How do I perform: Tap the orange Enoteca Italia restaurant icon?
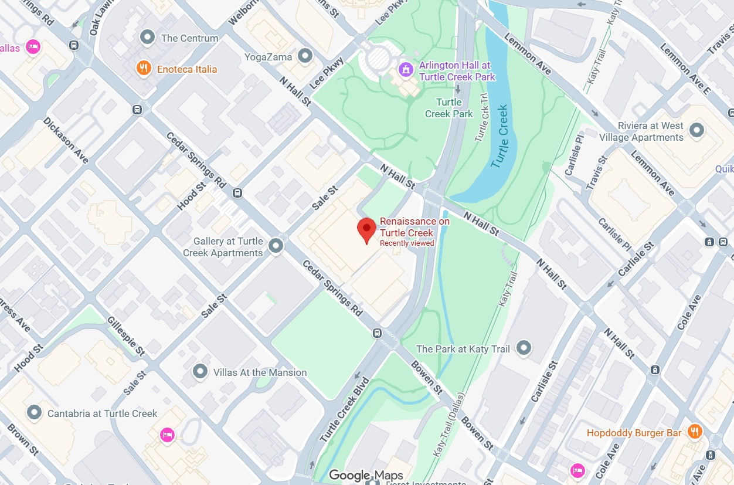point(144,69)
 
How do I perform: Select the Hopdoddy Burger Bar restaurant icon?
point(695,432)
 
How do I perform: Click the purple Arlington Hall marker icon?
point(405,70)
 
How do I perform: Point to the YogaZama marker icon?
point(304,56)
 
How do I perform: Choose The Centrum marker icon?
point(147,38)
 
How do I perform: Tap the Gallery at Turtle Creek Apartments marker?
point(276,246)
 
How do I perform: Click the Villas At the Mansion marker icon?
point(201,372)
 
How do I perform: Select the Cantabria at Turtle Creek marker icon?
point(35,413)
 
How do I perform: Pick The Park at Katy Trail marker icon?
point(524,348)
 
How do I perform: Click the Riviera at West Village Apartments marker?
point(696,130)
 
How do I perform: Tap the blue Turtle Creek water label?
point(500,136)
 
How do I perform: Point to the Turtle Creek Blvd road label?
point(344,409)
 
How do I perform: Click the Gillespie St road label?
point(126,336)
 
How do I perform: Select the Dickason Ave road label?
point(66,141)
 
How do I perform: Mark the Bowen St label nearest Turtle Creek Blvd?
point(426,377)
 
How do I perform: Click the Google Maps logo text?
point(366,476)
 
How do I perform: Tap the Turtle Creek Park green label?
point(449,108)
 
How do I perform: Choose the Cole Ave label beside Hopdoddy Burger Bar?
point(608,461)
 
